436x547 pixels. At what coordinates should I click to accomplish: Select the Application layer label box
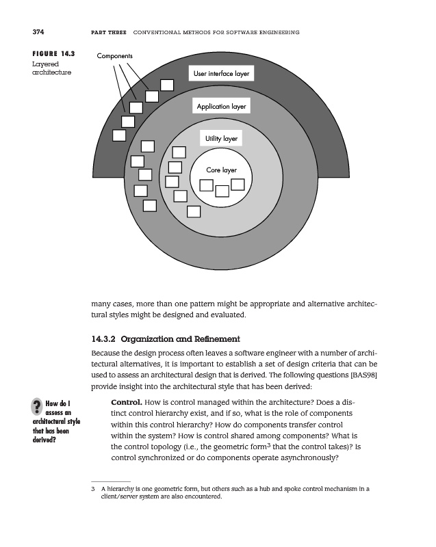tap(221, 107)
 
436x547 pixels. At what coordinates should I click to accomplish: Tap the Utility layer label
tap(221, 139)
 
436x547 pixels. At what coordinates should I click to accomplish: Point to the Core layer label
tap(221, 170)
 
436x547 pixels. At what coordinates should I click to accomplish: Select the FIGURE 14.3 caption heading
tap(53, 53)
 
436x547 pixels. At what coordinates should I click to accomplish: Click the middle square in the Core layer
tap(222, 191)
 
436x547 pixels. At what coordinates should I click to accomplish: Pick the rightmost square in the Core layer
tap(238, 185)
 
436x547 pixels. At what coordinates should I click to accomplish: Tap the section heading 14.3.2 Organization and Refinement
tap(166, 338)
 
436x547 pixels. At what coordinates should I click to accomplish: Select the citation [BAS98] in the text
tap(361, 375)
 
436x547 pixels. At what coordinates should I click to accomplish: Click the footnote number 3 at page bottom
tap(92, 490)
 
